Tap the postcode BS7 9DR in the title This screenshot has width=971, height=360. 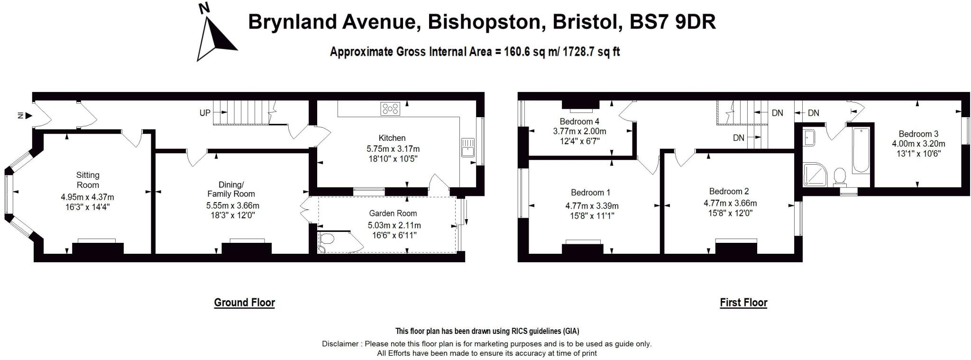[x=672, y=22]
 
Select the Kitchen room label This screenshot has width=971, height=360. [x=392, y=138]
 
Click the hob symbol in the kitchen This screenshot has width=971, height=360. [x=390, y=109]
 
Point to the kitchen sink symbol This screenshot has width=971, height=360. [x=467, y=147]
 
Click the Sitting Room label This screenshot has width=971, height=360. [x=88, y=180]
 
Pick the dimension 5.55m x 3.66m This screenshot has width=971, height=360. [x=232, y=206]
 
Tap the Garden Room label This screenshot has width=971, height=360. [x=393, y=213]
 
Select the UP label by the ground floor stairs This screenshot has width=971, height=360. [x=205, y=113]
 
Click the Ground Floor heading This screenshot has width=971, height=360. [x=244, y=303]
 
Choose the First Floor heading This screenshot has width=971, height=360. [x=743, y=303]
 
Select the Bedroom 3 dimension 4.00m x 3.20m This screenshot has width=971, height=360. [x=918, y=144]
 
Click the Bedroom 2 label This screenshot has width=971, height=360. [x=729, y=192]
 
